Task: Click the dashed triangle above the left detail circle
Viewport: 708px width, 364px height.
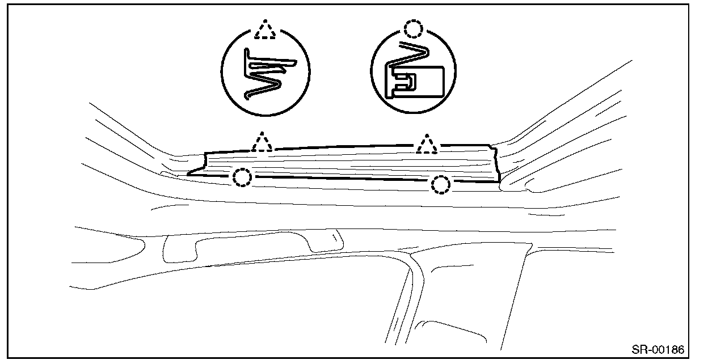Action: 265,31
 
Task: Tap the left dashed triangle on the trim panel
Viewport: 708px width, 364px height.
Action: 261,142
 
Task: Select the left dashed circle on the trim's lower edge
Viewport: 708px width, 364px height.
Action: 242,178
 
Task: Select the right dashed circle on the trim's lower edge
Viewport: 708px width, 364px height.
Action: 441,184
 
